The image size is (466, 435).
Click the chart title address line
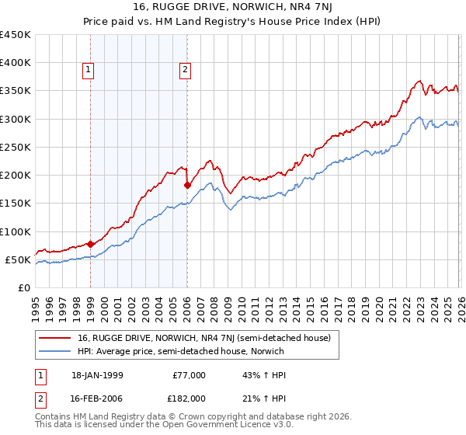pos(233,9)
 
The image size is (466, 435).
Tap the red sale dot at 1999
pos(91,244)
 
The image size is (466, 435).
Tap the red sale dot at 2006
pos(187,185)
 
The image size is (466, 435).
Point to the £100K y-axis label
pos(16,231)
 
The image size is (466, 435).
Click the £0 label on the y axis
pos(23,287)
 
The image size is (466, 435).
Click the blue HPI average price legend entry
pos(178,351)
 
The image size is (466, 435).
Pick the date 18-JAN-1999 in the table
pos(96,374)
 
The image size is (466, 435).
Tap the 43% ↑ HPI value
pos(259,374)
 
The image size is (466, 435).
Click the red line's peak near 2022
pos(419,81)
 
